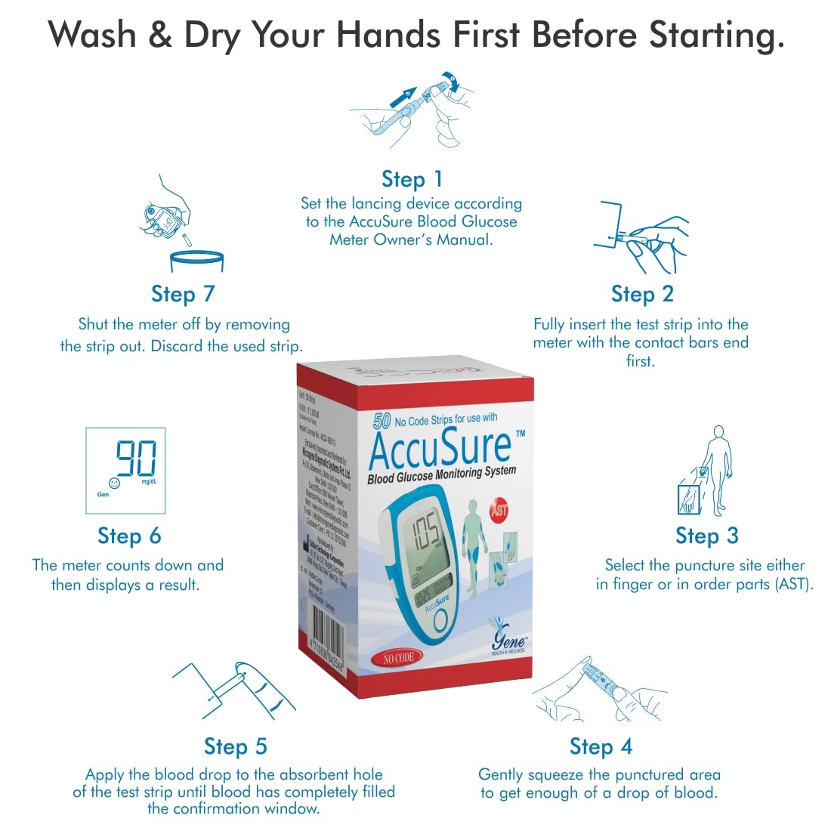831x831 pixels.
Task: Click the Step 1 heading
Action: (x=412, y=180)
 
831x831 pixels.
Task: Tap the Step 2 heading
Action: (x=642, y=294)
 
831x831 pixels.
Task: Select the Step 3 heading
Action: (x=706, y=536)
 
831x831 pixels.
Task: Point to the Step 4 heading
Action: (x=601, y=746)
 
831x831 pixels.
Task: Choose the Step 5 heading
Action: (x=236, y=746)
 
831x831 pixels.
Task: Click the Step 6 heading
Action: (x=129, y=536)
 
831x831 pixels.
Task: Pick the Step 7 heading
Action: (x=183, y=294)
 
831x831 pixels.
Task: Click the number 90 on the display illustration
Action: (x=136, y=459)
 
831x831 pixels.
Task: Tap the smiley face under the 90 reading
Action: (x=114, y=482)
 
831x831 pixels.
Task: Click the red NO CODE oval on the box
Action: (x=397, y=658)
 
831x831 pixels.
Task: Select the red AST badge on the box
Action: (x=499, y=510)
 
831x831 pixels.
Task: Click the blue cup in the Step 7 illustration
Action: (x=196, y=261)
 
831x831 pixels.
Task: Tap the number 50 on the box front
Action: (x=382, y=421)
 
